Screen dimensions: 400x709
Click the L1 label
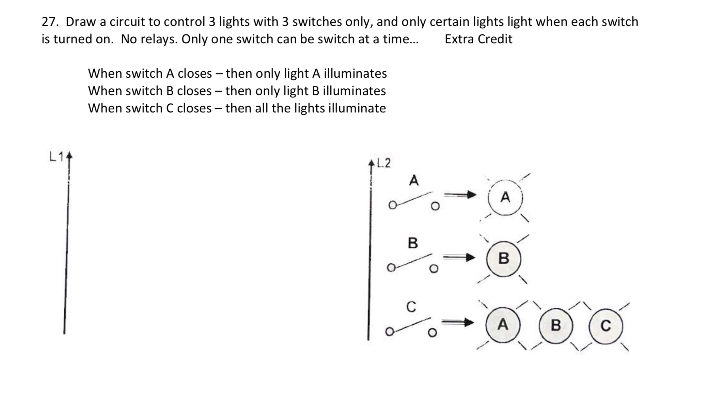57,157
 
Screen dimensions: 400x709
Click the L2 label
384,164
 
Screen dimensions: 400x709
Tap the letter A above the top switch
414,180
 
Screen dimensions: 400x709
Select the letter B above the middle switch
413,243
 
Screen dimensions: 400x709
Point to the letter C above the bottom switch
411,307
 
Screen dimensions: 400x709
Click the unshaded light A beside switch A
505,198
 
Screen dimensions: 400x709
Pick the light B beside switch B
504,258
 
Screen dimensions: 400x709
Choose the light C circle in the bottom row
606,326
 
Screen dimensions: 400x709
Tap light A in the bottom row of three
503,324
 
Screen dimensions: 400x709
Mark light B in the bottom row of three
556,325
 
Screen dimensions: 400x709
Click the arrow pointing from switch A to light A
460,195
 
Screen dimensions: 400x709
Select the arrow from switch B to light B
459,258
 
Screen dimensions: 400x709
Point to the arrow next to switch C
458,322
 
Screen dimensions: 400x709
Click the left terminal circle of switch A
393,205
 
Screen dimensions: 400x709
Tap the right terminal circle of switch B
434,269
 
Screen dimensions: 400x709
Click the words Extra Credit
478,39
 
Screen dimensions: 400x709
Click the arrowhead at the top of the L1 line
69,156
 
